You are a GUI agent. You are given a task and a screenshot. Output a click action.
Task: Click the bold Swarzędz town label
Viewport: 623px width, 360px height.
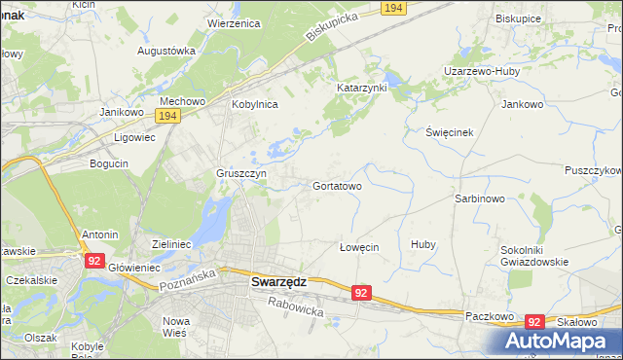(278, 281)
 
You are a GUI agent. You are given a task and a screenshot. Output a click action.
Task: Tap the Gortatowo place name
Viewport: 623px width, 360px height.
(338, 185)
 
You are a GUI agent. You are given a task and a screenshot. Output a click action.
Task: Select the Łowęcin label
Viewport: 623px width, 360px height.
(357, 247)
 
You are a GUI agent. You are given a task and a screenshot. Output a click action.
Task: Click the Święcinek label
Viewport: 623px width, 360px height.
(449, 131)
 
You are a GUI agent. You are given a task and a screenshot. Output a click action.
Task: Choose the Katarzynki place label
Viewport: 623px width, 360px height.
(362, 88)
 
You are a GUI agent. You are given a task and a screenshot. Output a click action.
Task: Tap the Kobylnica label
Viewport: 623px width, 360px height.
(255, 103)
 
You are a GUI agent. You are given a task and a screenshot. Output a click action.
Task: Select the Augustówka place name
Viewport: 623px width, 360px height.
(166, 50)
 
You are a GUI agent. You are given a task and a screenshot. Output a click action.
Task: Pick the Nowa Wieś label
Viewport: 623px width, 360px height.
(176, 327)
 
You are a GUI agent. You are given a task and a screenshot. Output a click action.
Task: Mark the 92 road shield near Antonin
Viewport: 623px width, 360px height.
(93, 261)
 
